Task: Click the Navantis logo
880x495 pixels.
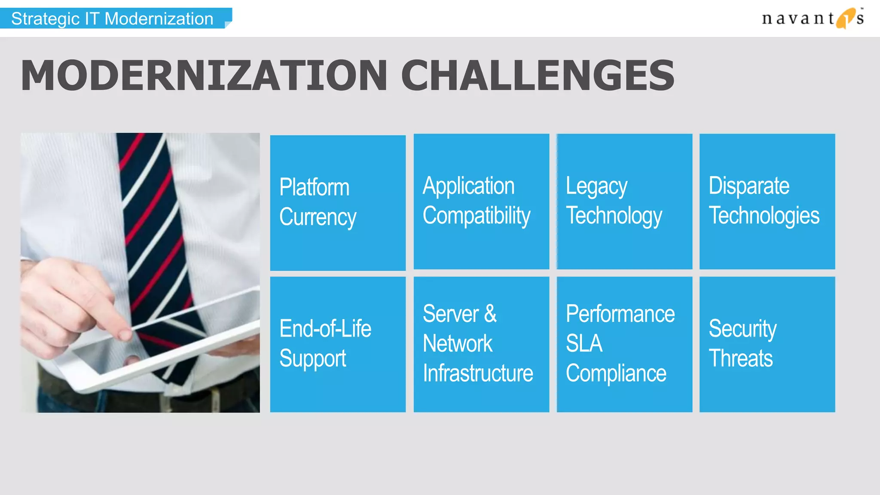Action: click(812, 18)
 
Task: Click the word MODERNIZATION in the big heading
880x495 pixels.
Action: click(204, 76)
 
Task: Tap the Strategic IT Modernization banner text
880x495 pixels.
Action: click(112, 19)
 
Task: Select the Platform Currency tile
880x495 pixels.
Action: click(338, 203)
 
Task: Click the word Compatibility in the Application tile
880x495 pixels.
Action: click(476, 216)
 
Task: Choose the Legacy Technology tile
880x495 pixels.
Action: click(624, 202)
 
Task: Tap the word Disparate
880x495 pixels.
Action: click(749, 186)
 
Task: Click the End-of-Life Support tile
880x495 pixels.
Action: click(338, 344)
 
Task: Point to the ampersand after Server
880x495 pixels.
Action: click(490, 314)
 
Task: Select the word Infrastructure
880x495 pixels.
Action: click(477, 373)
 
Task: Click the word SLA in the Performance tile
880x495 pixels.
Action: click(584, 343)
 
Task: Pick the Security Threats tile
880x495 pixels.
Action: click(767, 344)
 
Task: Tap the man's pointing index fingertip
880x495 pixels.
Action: click(125, 333)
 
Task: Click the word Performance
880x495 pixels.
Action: click(620, 314)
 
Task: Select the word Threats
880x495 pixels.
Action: click(740, 359)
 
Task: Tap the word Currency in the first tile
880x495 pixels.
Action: click(318, 217)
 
